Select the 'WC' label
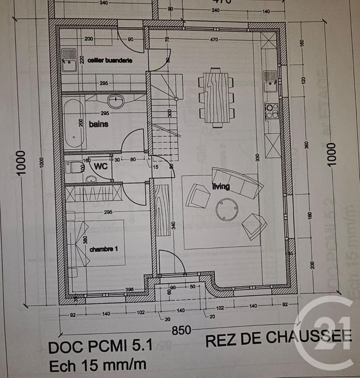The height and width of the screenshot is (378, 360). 101,166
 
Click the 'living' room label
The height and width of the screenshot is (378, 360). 220,187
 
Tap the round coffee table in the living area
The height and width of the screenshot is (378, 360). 227,210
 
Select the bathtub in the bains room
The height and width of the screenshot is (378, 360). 75,123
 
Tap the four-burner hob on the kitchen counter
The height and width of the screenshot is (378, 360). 272,111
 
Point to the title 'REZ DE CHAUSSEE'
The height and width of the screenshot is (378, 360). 278,339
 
